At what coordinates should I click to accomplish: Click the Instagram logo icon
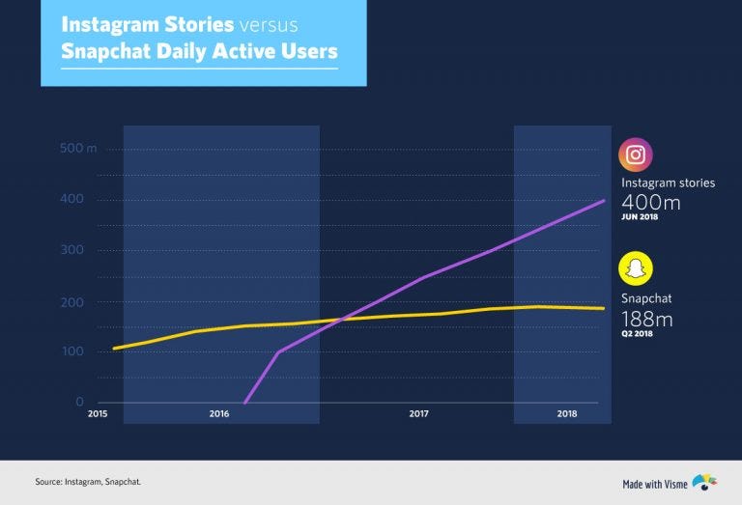point(636,154)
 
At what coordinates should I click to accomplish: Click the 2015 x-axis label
point(98,414)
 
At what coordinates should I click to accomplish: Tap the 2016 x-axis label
point(219,414)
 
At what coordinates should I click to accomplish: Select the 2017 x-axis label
point(418,414)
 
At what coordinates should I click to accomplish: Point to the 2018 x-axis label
point(568,414)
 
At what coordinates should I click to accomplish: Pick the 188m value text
point(646,319)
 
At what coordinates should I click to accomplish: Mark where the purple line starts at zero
point(244,402)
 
